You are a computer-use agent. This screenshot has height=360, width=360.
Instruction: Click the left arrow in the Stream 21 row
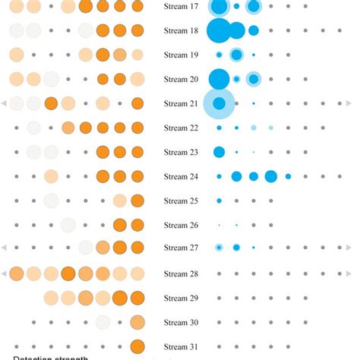(5, 103)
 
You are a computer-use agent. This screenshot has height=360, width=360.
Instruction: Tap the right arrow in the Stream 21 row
(349, 103)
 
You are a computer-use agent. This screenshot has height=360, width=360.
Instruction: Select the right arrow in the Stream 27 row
(349, 248)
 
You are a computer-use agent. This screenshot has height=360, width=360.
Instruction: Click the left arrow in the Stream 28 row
(5, 273)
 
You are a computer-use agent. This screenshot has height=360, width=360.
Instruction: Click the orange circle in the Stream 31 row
(137, 346)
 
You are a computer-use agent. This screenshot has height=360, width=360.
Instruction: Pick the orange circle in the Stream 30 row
(137, 322)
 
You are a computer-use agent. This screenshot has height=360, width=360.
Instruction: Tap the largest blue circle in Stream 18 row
(219, 30)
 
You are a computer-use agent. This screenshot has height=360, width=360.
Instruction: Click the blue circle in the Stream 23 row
(219, 152)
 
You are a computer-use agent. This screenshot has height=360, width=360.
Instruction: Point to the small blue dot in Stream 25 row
(219, 201)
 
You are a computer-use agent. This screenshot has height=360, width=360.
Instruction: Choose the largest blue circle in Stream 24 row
(271, 176)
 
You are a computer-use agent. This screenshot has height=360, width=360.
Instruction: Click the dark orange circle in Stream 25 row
(137, 201)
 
